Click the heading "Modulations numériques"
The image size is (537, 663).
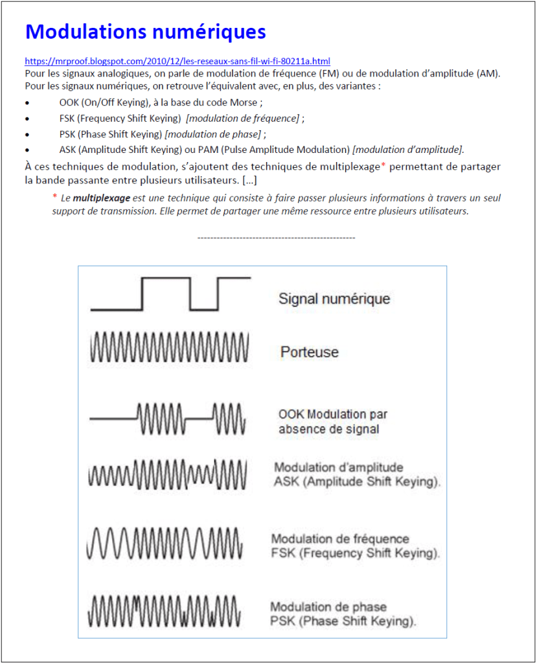(x=145, y=32)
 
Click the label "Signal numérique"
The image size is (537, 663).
(x=334, y=299)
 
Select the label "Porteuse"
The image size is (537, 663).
(x=310, y=352)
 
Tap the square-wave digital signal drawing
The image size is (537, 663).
(x=170, y=294)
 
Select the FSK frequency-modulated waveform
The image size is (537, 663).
(x=166, y=544)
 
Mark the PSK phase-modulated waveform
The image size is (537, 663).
(x=166, y=610)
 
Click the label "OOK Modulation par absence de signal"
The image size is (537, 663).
(x=333, y=421)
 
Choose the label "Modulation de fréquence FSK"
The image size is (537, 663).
(x=356, y=546)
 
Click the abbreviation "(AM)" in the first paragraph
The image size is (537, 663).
(x=488, y=73)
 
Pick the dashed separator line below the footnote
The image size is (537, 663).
(x=276, y=238)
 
